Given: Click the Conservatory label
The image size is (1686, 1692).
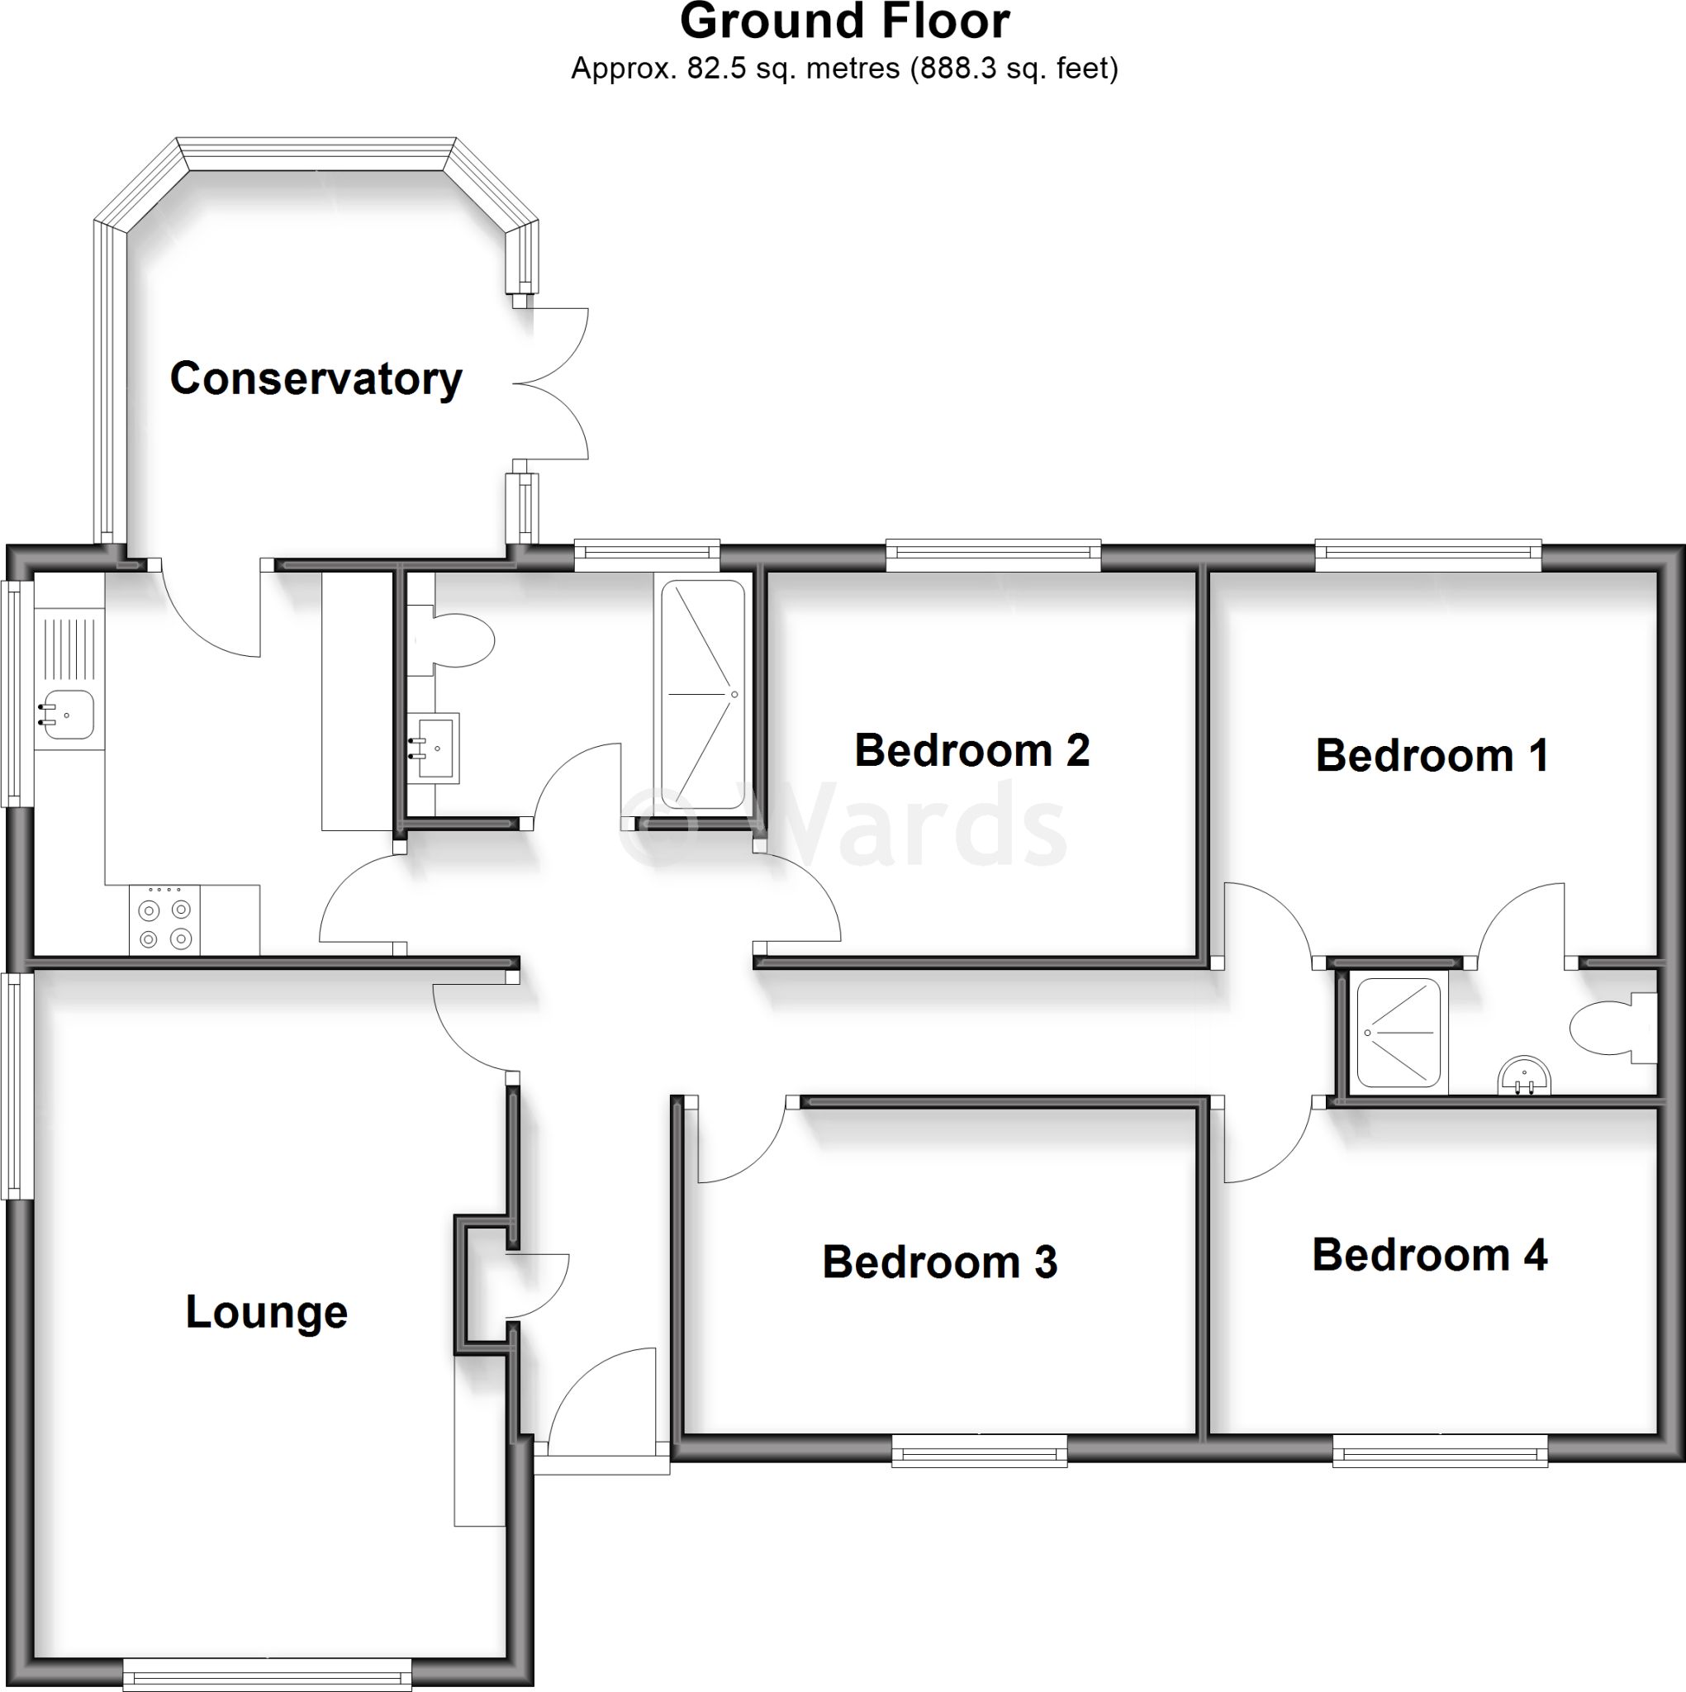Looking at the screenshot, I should (x=316, y=379).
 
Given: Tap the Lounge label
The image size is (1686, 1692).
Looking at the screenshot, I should (x=266, y=1313).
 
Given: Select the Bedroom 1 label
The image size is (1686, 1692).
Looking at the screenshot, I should (x=1431, y=756).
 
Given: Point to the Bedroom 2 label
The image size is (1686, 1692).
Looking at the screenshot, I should (x=971, y=750).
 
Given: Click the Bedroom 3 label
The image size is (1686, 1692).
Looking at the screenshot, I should (x=939, y=1263).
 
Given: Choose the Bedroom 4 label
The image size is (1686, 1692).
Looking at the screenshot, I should (x=1428, y=1256).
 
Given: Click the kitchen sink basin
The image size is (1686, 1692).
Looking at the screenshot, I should (x=69, y=715).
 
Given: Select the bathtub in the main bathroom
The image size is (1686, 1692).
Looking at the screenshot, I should (x=703, y=694).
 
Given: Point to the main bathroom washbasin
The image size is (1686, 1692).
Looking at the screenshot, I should (x=435, y=747).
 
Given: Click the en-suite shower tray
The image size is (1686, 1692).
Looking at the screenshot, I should (x=1398, y=1033).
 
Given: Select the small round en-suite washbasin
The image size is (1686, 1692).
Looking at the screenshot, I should (x=1524, y=1075).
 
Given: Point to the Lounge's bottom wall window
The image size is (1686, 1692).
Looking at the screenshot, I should (x=266, y=1674).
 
